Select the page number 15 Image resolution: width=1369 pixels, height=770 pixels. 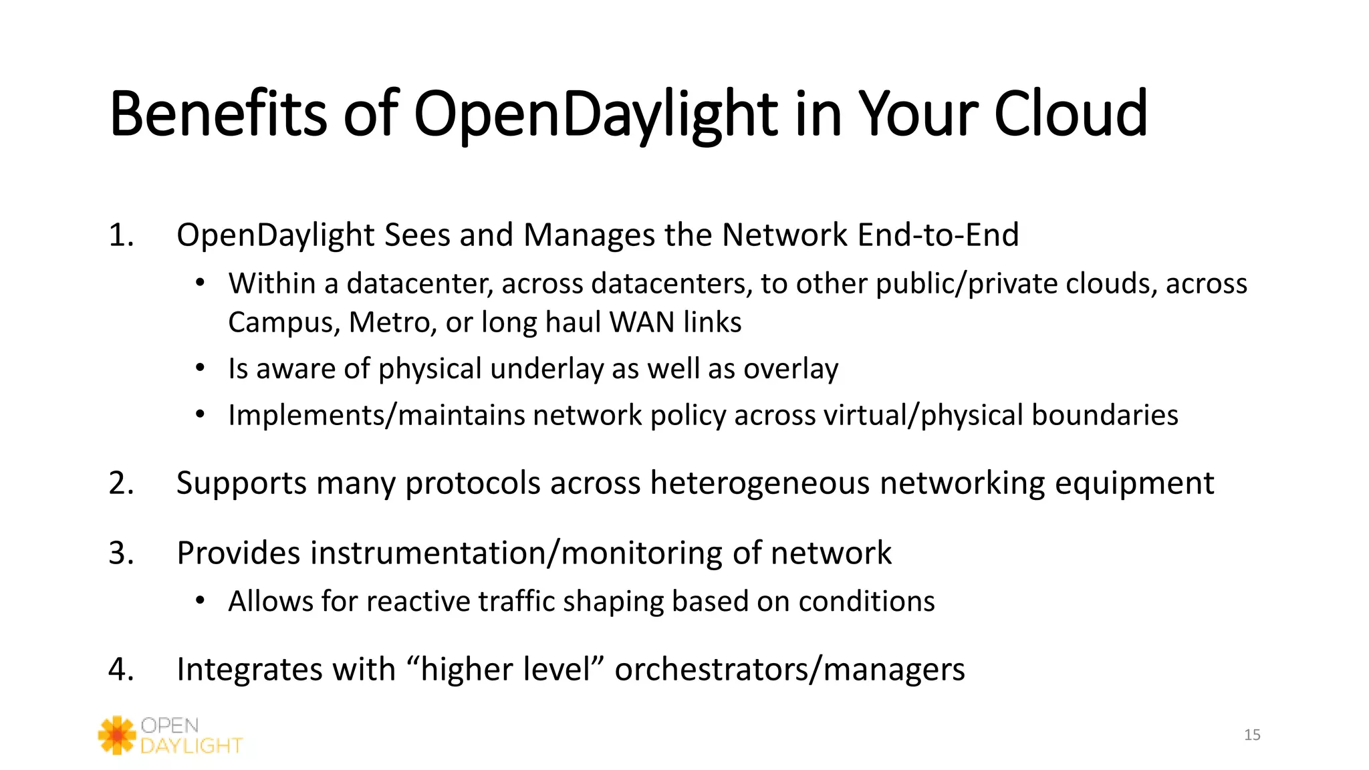tap(1252, 735)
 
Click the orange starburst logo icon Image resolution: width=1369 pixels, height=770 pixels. tap(117, 735)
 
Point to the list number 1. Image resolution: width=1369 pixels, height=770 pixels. tap(121, 235)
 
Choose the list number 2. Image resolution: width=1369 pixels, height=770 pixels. tap(121, 483)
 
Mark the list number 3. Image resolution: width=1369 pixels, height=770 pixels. tap(121, 553)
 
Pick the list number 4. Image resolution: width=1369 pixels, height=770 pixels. tap(121, 670)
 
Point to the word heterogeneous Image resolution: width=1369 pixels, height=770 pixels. tap(760, 483)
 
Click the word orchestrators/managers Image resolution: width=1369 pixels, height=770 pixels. tap(789, 670)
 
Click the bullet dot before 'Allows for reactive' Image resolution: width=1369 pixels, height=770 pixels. tap(200, 601)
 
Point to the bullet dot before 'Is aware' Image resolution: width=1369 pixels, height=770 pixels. tap(200, 368)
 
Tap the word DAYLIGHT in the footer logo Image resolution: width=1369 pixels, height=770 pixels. tap(191, 746)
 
